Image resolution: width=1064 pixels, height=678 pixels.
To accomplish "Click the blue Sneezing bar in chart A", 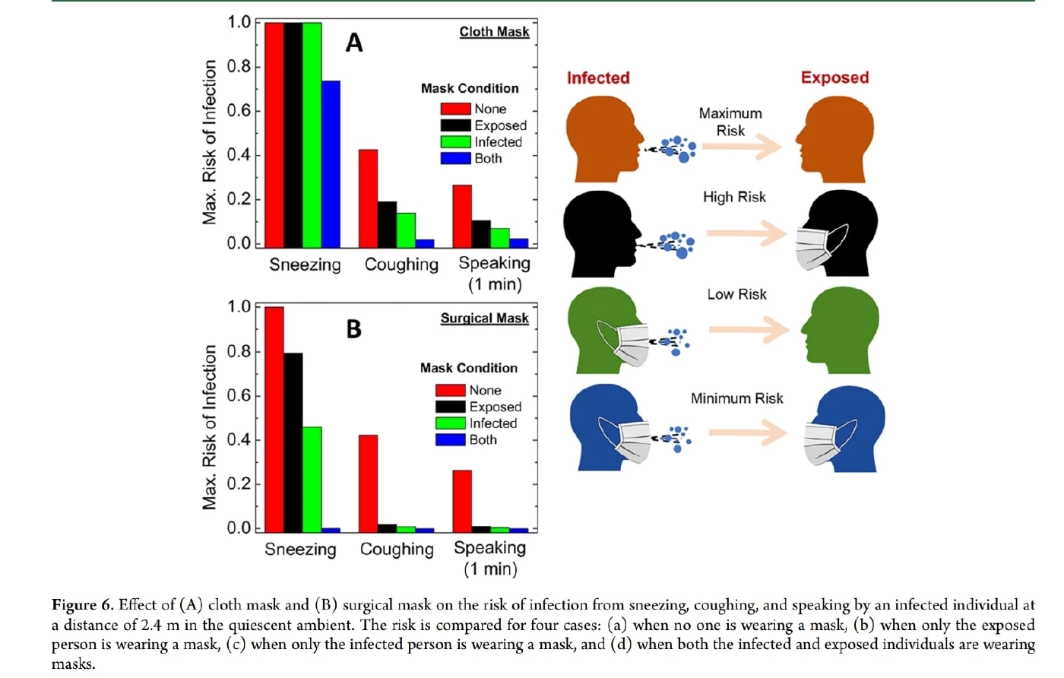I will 331,163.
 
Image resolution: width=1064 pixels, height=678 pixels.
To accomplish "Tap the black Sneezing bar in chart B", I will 293,442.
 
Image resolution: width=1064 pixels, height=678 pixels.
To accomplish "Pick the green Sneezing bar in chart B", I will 312,479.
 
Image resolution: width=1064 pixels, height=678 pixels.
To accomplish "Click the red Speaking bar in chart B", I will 462,501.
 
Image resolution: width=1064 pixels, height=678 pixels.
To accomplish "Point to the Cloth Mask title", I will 494,31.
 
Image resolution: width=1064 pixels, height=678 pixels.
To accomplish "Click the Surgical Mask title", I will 484,318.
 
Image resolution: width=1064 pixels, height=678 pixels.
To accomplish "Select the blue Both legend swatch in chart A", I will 455,158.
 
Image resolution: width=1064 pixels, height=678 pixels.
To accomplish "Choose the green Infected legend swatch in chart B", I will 450,423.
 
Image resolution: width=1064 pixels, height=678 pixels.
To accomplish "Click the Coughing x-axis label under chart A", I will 401,265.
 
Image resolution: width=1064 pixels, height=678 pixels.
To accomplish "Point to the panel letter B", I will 353,328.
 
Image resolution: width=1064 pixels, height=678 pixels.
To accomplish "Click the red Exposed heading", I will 834,78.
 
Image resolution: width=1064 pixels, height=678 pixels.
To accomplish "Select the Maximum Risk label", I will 730,122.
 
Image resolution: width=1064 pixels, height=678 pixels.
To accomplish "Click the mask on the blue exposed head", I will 821,443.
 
